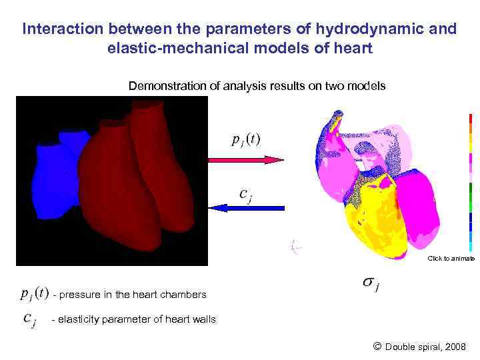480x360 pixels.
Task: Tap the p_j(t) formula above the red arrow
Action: (245, 140)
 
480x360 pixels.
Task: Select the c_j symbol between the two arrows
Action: (245, 194)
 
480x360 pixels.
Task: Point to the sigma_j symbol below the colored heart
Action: (371, 283)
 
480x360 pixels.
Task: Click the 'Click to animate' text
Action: (451, 258)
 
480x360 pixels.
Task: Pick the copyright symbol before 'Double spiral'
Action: (377, 346)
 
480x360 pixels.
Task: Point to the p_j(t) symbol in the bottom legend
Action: (33, 293)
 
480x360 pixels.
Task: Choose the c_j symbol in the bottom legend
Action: (31, 319)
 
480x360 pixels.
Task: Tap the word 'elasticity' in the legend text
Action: (79, 319)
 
